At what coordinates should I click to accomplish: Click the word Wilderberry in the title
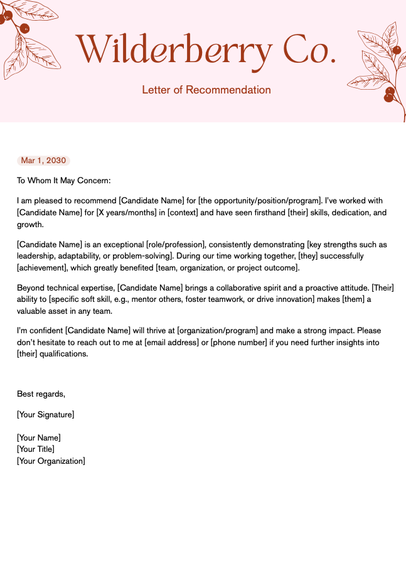click(x=174, y=49)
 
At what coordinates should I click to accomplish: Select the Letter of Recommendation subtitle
click(x=206, y=90)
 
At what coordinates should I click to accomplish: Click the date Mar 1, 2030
click(x=43, y=161)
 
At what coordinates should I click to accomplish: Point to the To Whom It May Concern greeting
click(x=63, y=181)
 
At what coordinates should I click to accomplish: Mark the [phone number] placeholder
click(x=242, y=342)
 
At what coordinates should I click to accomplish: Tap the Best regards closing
click(x=41, y=394)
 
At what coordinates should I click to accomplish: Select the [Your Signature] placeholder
click(x=45, y=415)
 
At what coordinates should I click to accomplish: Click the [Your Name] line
click(x=39, y=438)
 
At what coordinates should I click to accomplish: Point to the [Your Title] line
click(x=36, y=449)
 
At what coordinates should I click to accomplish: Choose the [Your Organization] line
click(x=51, y=461)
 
